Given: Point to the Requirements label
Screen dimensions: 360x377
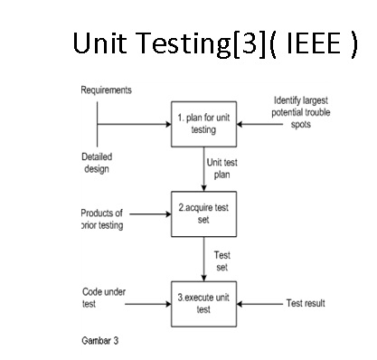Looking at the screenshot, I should click(x=106, y=91).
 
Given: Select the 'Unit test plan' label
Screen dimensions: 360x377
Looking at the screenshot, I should click(x=222, y=166).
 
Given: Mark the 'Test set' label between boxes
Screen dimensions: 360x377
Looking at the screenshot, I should click(x=221, y=261).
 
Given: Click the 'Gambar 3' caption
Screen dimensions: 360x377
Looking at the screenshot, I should click(x=99, y=342).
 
